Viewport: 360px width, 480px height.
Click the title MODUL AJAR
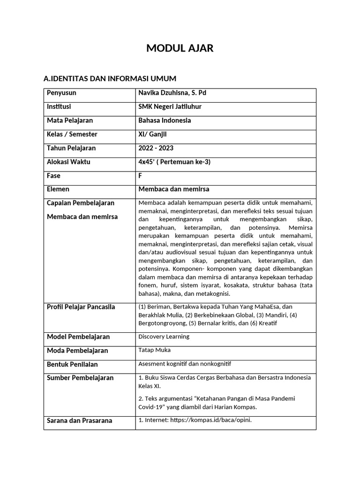point(180,48)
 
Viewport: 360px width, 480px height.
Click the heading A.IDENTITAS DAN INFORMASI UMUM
point(110,78)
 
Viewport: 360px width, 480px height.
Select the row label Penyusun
point(61,93)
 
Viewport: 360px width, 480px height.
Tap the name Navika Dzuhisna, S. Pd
point(172,93)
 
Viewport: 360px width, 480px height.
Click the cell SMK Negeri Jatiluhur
point(170,106)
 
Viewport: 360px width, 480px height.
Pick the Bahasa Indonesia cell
point(165,120)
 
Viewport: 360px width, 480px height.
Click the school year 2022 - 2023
point(156,148)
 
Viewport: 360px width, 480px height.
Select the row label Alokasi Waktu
point(68,162)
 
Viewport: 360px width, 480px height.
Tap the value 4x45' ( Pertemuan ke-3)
point(174,162)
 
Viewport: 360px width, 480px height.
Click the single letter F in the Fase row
point(140,176)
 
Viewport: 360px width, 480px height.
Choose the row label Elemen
point(58,189)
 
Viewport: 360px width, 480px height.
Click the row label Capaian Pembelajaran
point(81,203)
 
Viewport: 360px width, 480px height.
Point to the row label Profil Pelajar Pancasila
point(81,307)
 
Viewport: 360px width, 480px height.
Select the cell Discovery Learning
point(164,337)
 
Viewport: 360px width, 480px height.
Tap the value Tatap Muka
point(154,350)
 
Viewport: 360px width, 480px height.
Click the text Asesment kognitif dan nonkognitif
point(185,364)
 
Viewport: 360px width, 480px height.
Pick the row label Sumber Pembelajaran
point(80,378)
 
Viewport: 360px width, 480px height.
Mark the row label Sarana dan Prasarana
point(79,420)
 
